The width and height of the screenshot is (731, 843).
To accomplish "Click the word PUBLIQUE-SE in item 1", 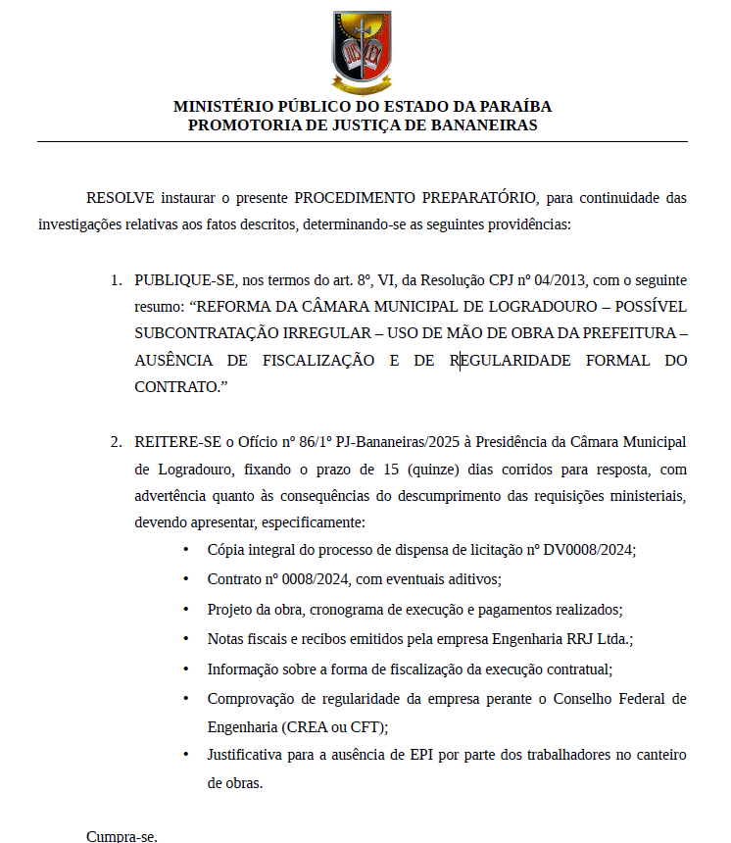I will [x=178, y=280].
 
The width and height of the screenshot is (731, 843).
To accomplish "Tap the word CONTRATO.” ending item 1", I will [x=180, y=386].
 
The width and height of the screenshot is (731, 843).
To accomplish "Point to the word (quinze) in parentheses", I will [x=423, y=470].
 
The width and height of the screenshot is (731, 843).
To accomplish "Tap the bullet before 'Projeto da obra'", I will [x=186, y=609].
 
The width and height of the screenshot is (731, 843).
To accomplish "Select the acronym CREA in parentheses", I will [x=305, y=726].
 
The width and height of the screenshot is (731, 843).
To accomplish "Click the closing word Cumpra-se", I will [x=122, y=836].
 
